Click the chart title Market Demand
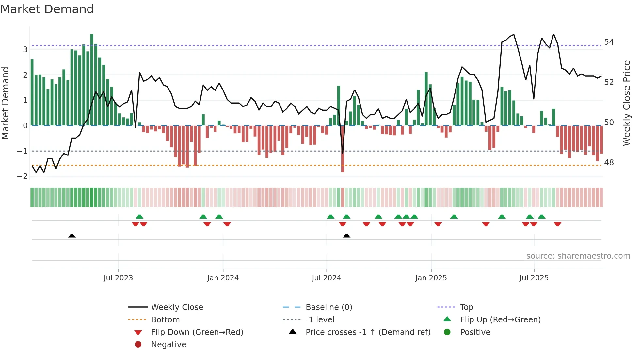coord(47,9)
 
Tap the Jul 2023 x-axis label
coord(118,278)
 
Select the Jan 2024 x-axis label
coord(223,278)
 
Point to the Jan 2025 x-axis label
coord(431,278)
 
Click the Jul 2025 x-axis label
coord(534,278)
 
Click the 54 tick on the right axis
coord(609,42)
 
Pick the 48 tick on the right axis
coord(609,163)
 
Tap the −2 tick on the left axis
coord(22,176)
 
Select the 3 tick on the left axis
coord(25,50)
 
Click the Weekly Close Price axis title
coord(626,103)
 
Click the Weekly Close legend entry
coord(177,307)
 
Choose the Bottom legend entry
coord(165,320)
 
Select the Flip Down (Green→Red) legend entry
coord(197,332)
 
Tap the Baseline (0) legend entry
coord(328,307)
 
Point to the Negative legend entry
coord(168,345)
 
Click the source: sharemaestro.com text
coord(578,256)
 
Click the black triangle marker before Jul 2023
coord(72,236)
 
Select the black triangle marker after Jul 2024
coord(346,236)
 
